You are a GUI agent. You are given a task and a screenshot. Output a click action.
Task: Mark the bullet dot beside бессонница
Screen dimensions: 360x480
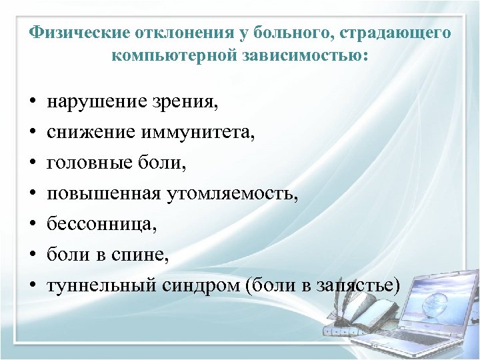33,226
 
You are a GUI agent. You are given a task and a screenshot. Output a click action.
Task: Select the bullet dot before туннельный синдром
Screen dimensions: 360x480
33,287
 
